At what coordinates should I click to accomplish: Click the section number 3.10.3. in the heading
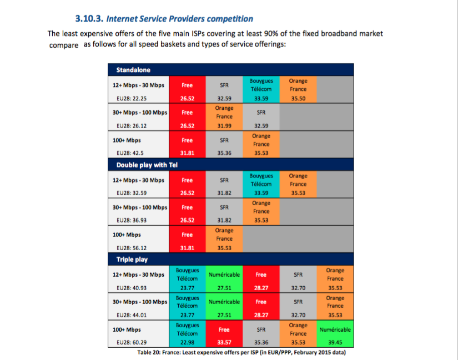(x=89, y=19)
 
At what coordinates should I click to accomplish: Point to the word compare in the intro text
(x=64, y=45)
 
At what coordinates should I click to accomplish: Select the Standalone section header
(x=133, y=70)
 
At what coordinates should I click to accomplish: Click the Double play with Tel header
(x=147, y=165)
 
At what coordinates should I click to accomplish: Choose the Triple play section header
(x=132, y=260)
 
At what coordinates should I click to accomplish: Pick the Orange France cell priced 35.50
(x=298, y=89)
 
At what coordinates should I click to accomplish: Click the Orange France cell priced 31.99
(x=224, y=117)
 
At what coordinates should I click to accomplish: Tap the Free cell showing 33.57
(x=224, y=334)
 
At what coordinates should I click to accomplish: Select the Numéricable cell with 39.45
(x=335, y=334)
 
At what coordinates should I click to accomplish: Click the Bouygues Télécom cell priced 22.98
(x=187, y=334)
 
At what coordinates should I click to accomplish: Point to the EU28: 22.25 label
(x=132, y=99)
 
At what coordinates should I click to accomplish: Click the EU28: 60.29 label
(x=132, y=342)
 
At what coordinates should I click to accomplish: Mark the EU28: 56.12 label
(x=132, y=248)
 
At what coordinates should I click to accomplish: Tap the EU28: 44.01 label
(x=132, y=315)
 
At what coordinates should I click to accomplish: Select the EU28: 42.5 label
(x=130, y=153)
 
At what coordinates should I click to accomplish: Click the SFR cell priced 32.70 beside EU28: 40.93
(x=298, y=279)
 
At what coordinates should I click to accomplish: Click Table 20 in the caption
(x=149, y=352)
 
